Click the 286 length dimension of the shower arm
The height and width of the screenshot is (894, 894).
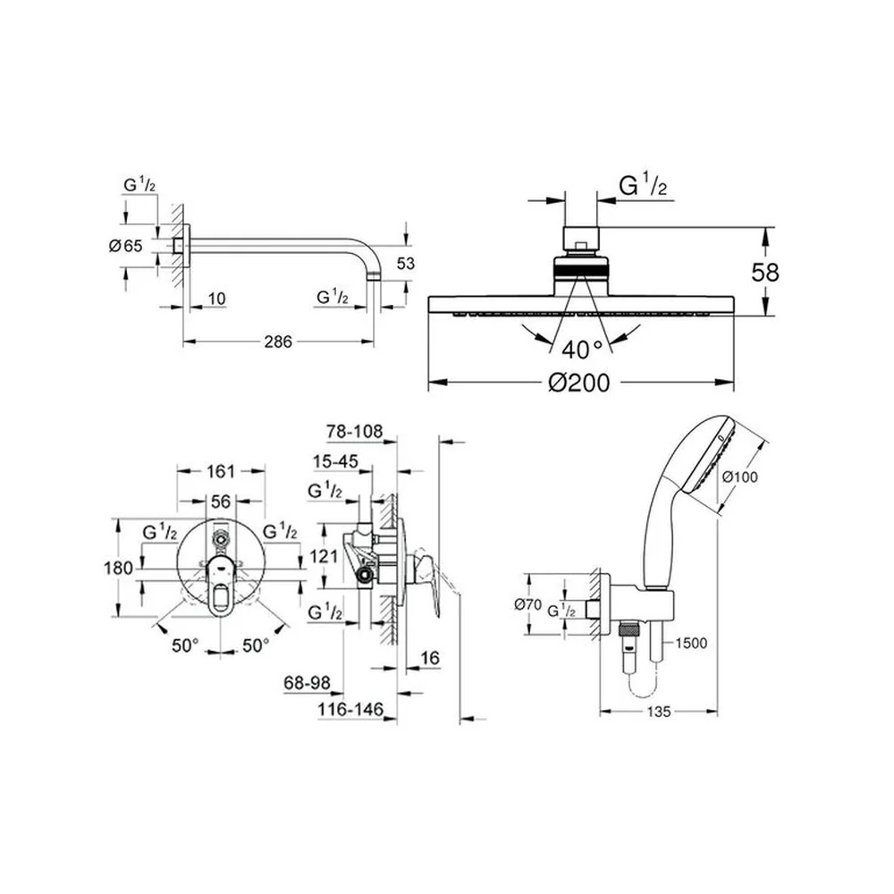pos(278,342)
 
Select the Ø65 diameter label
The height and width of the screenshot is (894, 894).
pos(125,246)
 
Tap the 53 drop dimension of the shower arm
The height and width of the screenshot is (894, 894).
pos(406,264)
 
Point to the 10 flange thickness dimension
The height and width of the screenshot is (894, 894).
pos(216,299)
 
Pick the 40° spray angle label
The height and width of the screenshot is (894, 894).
pos(582,350)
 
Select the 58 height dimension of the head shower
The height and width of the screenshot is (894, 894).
pos(764,273)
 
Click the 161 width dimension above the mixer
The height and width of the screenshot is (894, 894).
pos(221,471)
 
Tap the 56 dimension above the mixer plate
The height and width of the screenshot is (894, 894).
pos(221,502)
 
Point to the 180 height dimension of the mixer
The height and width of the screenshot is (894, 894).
pos(119,568)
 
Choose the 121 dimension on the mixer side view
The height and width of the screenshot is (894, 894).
pos(324,555)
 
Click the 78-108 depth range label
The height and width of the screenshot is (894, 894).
pos(354,431)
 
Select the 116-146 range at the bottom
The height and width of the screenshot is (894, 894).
pos(350,709)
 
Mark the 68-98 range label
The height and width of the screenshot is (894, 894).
pos(307,682)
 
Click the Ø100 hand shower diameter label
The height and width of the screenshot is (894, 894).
pos(740,477)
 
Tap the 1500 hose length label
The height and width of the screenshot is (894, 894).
pos(691,643)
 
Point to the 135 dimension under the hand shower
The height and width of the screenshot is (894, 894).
pos(659,712)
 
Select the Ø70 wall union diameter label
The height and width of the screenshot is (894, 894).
pos(528,604)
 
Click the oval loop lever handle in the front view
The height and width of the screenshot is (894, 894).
pos(220,587)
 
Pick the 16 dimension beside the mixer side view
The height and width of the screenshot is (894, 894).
pos(430,658)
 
